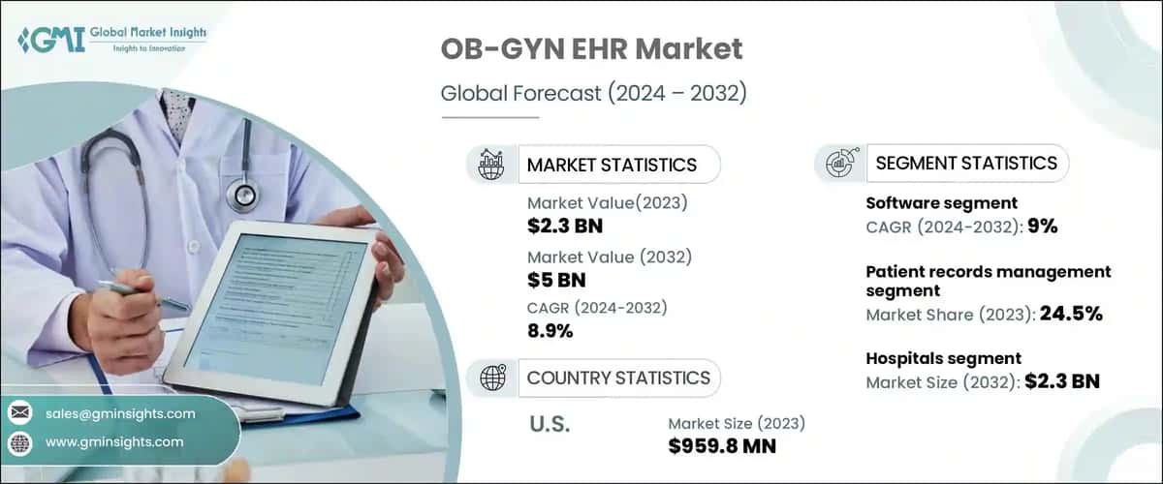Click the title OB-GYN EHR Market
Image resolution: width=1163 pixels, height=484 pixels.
[x=591, y=51]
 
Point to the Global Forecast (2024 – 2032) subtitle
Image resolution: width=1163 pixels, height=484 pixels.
[x=593, y=94]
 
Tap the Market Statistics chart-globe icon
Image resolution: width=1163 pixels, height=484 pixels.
[x=490, y=164]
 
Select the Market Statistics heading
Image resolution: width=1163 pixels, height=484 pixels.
[x=611, y=165]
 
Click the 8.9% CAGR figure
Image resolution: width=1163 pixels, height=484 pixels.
[x=550, y=331]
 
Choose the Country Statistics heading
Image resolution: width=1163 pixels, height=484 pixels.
[x=617, y=378]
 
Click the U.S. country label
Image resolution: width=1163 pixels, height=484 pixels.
[x=550, y=424]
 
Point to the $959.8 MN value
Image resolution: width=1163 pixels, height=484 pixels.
[x=721, y=445]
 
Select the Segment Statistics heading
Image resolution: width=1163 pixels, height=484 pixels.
[x=965, y=164]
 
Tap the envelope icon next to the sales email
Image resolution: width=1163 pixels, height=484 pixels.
[x=19, y=413]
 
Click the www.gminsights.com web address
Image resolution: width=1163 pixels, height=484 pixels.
[x=113, y=441]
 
